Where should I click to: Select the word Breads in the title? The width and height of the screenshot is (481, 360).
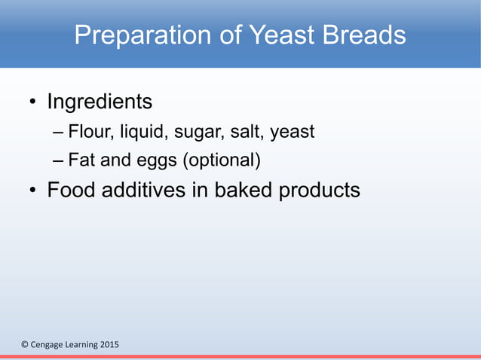366,35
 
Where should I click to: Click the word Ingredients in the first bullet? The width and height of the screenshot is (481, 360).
100,101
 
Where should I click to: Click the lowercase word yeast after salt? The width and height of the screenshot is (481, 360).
292,133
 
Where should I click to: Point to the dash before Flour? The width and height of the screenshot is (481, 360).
59,133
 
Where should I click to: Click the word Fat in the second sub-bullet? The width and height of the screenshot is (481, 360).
81,160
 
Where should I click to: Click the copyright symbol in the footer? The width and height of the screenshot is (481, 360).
24,345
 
